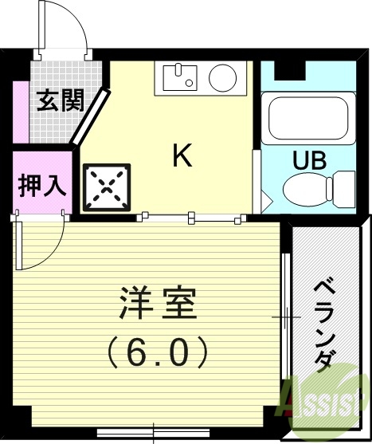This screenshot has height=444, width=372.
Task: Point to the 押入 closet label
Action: [x=37, y=188]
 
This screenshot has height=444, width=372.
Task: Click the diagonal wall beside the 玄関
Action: [x=89, y=118]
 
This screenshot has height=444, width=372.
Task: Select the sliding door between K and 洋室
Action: [x=191, y=215]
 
